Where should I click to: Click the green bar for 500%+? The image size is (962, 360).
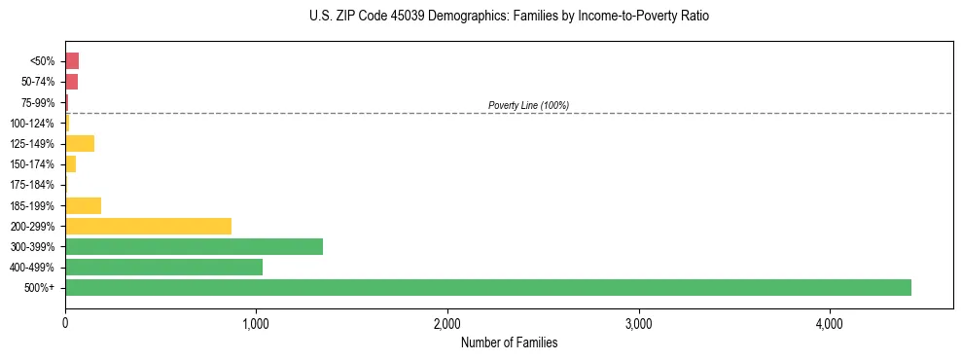pos(487,287)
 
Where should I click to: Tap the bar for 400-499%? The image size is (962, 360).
pos(163,267)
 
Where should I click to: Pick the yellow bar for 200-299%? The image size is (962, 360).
pos(148,226)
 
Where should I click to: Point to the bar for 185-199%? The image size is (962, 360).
pos(83,205)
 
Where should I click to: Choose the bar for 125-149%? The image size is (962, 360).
pos(80,144)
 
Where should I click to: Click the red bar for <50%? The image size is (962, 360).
pos(72,61)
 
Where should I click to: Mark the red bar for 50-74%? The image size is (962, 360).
pos(71,82)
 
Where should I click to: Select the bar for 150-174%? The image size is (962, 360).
pos(70,164)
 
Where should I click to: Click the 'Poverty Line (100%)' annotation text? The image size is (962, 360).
pos(528,105)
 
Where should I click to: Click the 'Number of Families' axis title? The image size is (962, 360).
pos(509,342)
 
